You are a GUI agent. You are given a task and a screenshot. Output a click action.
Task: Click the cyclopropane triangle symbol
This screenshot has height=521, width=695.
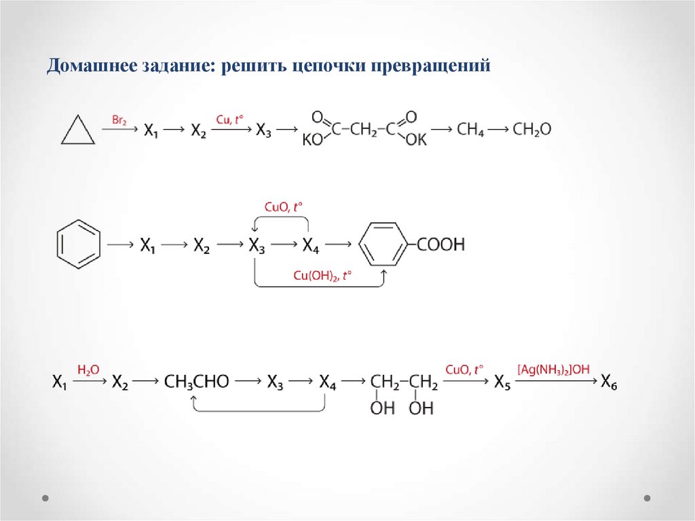(x=78, y=130)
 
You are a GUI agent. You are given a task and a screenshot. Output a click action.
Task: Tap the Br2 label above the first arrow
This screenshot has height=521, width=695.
(x=119, y=120)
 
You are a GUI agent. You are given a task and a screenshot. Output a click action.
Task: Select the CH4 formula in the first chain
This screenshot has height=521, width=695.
(x=470, y=129)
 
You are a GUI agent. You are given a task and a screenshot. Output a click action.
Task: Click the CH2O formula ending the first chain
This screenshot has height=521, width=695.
(x=532, y=129)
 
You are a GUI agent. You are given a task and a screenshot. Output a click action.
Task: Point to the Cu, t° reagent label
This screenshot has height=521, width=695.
(x=229, y=120)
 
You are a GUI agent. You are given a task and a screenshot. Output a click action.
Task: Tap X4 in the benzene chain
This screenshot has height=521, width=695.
(x=310, y=246)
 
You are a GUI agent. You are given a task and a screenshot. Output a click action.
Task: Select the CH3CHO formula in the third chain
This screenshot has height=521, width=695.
(x=197, y=382)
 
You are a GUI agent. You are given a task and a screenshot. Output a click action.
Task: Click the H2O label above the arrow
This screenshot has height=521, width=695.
(x=88, y=370)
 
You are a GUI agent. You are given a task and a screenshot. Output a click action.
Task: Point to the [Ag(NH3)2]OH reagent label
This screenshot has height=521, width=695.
(x=553, y=370)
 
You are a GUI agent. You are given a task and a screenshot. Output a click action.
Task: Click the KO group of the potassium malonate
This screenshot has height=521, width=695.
(x=312, y=140)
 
